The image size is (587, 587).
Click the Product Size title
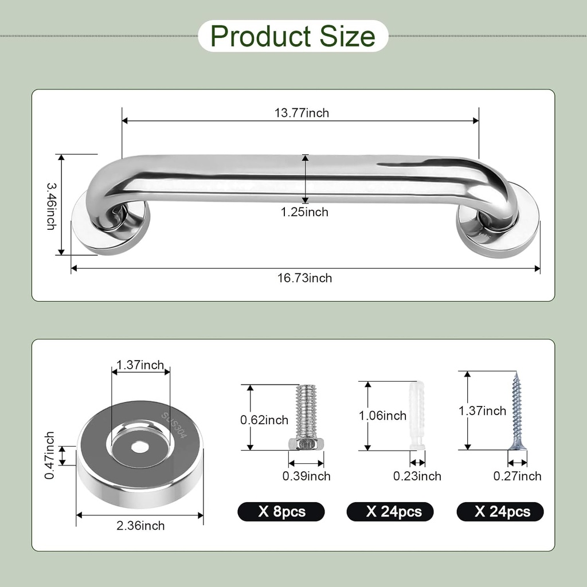pos(293,36)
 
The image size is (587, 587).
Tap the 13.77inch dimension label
pos(301,113)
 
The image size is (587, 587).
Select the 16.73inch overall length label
pos(304,279)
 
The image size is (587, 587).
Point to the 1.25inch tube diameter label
pos(304,212)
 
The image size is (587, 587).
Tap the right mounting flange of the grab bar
pos(498,229)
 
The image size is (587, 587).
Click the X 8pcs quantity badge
pos(281,511)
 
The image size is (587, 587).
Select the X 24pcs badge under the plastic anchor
pos(390,511)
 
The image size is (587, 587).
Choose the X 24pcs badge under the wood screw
pos(500,511)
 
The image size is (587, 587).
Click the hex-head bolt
pos(306,418)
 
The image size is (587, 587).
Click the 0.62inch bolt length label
pos(264,420)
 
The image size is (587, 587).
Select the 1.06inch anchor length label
pos(382,416)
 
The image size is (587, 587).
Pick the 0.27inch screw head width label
pos(517,476)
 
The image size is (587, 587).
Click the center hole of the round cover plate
pos(140,445)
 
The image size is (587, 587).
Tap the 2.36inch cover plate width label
pos(140,526)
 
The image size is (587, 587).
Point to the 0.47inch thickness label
pos(50,456)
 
